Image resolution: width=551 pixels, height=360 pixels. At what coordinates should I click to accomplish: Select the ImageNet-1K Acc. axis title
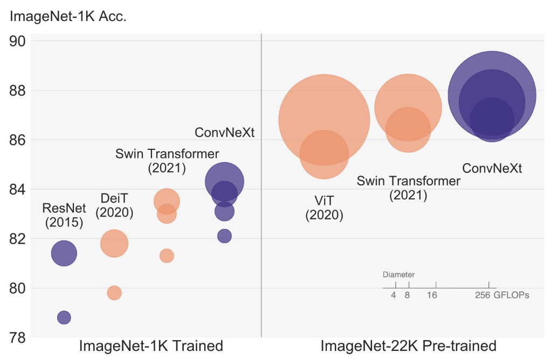click(x=68, y=17)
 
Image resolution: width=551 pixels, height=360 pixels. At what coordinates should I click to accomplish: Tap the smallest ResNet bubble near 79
click(x=64, y=317)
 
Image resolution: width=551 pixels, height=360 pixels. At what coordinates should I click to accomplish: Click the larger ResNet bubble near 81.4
click(x=64, y=253)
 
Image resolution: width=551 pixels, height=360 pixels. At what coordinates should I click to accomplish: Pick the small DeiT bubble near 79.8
click(x=114, y=293)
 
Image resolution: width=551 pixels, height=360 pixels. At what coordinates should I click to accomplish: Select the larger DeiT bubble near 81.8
click(x=114, y=243)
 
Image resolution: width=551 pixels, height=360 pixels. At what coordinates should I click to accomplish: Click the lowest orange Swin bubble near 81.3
click(x=167, y=255)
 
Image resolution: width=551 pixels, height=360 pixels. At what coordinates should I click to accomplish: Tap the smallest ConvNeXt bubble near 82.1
click(x=224, y=236)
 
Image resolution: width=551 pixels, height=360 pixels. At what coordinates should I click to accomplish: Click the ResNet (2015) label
click(x=64, y=215)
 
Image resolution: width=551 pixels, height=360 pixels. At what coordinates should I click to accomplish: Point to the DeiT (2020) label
click(x=114, y=205)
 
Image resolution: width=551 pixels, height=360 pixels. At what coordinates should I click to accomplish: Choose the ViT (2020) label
click(x=324, y=208)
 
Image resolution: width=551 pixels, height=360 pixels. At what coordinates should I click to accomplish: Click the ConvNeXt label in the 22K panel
click(x=492, y=168)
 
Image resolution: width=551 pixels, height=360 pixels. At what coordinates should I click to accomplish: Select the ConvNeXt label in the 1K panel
click(x=224, y=133)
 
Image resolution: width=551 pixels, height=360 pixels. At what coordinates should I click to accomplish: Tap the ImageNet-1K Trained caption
click(x=151, y=345)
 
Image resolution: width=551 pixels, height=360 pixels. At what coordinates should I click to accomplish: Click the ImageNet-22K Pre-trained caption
click(x=408, y=345)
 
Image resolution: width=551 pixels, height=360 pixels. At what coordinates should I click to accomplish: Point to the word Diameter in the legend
click(x=399, y=274)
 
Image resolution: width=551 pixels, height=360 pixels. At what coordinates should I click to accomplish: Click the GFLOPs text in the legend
click(x=511, y=295)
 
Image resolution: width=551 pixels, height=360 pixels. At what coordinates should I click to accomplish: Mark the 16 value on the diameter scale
click(x=431, y=295)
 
